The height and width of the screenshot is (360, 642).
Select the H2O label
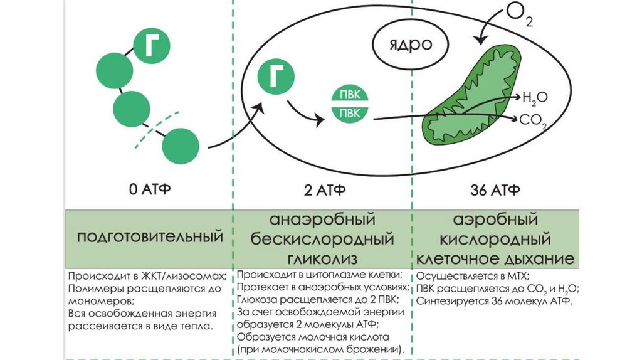pos(534,97)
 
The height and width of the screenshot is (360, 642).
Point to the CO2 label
pos(534,120)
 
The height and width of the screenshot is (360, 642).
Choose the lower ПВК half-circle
pos(349,114)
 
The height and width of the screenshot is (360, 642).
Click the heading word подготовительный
pos(150,237)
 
